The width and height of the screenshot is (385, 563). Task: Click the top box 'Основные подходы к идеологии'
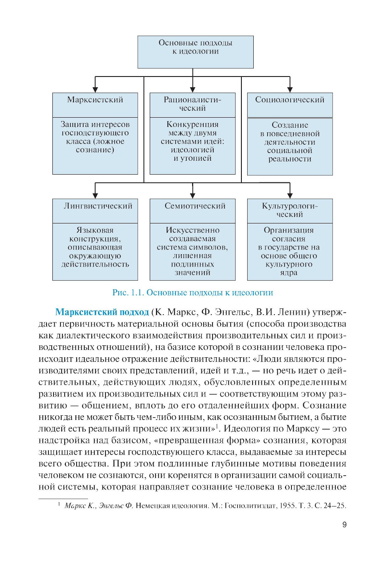click(x=195, y=52)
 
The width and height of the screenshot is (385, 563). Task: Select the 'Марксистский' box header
click(x=95, y=104)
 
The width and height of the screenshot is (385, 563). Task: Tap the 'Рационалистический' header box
click(x=192, y=104)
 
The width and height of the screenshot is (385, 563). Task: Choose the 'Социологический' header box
click(x=290, y=104)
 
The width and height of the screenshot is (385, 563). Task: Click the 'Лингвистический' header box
click(x=95, y=210)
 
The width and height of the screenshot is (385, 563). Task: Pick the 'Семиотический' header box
click(x=192, y=210)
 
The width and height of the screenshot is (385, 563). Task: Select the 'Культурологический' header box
click(x=290, y=210)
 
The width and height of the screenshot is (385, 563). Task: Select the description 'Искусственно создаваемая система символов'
click(x=192, y=252)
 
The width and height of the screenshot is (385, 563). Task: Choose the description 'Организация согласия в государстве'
click(x=290, y=252)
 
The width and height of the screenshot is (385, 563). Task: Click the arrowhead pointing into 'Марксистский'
click(x=95, y=89)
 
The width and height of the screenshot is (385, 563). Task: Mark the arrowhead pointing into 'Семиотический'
click(x=192, y=195)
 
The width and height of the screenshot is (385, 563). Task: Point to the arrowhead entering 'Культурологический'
click(x=290, y=195)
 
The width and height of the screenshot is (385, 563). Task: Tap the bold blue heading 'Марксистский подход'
click(x=102, y=312)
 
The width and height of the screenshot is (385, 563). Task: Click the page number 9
click(x=344, y=525)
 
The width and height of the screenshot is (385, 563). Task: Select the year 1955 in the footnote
click(x=288, y=505)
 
